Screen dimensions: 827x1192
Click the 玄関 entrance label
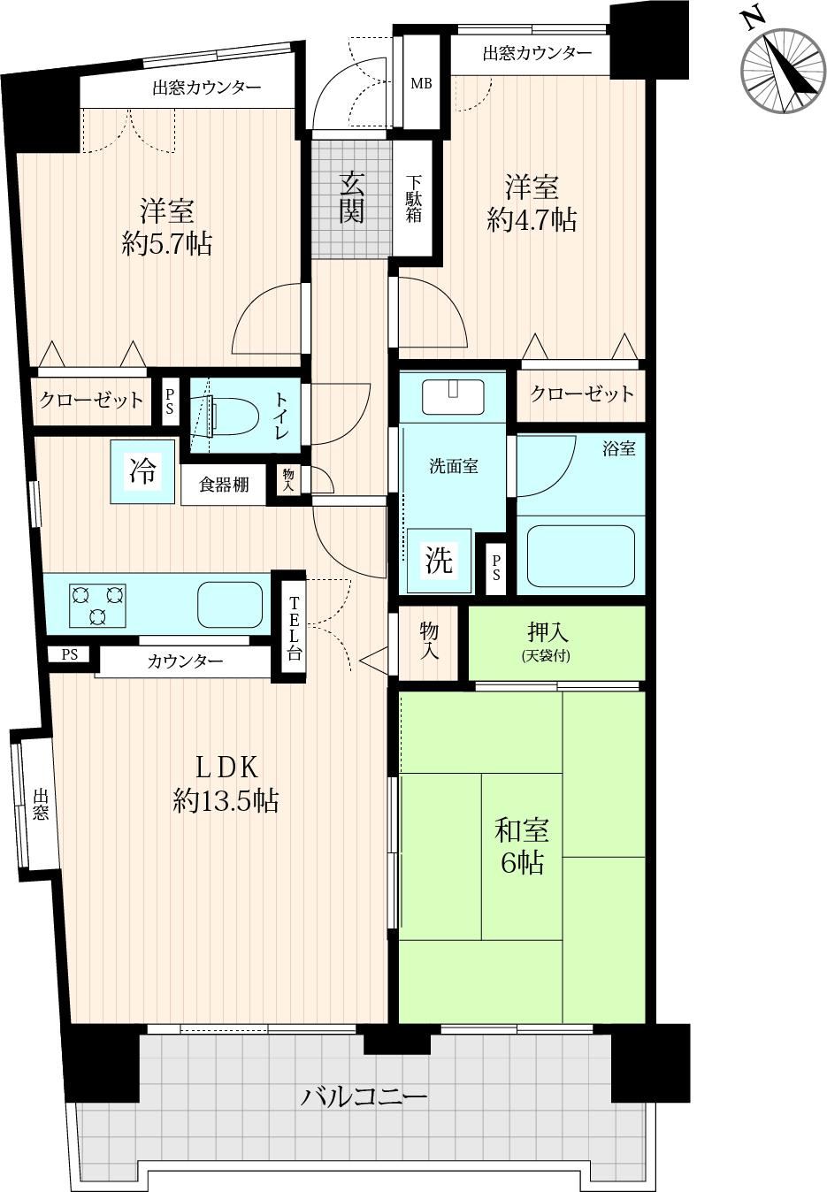point(352,198)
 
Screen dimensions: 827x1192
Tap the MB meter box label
point(421,83)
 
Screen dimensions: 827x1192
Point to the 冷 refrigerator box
point(142,470)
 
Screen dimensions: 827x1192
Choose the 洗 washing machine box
point(440,561)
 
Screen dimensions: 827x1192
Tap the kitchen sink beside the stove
point(230,604)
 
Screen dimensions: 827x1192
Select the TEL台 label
point(295,629)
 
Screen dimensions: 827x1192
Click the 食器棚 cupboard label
point(224,485)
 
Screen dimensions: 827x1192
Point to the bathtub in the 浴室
point(580,556)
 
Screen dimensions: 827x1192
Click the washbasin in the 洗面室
point(453,396)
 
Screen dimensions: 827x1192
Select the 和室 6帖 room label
point(522,846)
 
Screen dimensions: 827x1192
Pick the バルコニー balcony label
point(364,1096)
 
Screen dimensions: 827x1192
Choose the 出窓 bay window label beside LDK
point(40,805)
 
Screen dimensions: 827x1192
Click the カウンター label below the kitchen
point(185,661)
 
